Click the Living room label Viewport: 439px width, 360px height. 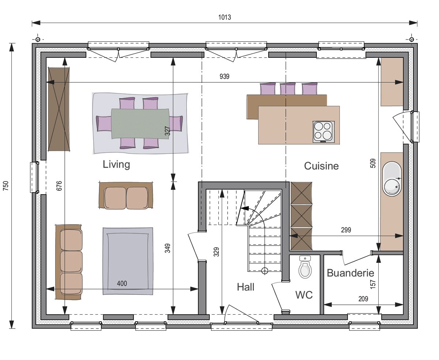[x=116, y=165]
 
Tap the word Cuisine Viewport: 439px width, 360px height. [x=322, y=166]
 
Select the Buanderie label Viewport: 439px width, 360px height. [x=350, y=273]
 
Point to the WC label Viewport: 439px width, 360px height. [x=304, y=295]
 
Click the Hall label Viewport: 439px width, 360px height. [x=245, y=287]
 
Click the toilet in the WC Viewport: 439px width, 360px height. [x=305, y=267]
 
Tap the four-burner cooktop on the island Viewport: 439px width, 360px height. [x=323, y=132]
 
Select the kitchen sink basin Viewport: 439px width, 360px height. [x=392, y=179]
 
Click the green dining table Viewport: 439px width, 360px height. [x=140, y=123]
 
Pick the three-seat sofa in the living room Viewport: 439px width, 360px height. [x=69, y=262]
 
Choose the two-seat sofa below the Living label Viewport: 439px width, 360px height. [x=126, y=195]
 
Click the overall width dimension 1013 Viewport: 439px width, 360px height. [x=225, y=17]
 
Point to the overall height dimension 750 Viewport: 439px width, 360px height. [x=6, y=185]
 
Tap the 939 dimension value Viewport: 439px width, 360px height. [x=224, y=76]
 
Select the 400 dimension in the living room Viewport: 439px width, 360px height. [x=122, y=284]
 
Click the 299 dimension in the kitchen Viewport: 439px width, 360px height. [x=346, y=230]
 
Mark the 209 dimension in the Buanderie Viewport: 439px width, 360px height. [x=363, y=299]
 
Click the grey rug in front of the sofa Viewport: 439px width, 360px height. [x=128, y=261]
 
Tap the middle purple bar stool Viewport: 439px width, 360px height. [x=288, y=89]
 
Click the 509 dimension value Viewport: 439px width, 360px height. [x=373, y=163]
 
